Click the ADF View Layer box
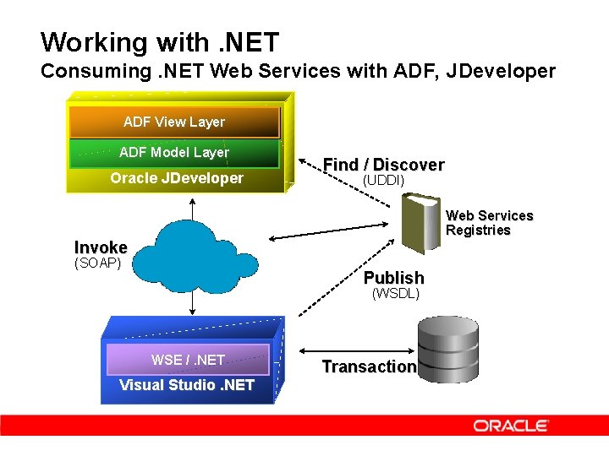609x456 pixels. click(174, 122)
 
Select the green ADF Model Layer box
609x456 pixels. click(174, 153)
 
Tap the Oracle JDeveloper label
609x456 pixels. click(176, 178)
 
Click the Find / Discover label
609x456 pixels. click(383, 165)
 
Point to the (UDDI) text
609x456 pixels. click(383, 181)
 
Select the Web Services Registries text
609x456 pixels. click(489, 223)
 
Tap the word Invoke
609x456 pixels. click(101, 247)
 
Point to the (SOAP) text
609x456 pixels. click(98, 263)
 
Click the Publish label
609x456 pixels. click(393, 278)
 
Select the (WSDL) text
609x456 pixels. click(395, 294)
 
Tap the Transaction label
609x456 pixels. click(369, 366)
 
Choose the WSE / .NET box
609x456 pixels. click(187, 360)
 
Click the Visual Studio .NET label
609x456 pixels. click(186, 386)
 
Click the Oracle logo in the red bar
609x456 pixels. click(511, 426)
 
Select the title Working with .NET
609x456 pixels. click(159, 42)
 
